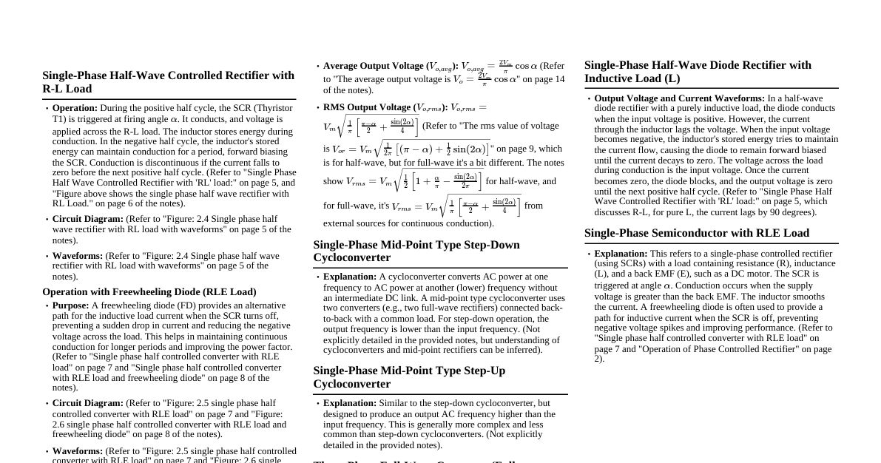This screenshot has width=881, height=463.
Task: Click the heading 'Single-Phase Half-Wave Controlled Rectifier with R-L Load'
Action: pyautogui.click(x=168, y=82)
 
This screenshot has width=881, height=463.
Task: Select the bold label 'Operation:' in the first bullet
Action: pyautogui.click(x=75, y=108)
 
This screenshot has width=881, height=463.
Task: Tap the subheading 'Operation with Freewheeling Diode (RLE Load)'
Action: pyautogui.click(x=149, y=292)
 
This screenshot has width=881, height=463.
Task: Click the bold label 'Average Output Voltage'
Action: pyautogui.click(x=374, y=66)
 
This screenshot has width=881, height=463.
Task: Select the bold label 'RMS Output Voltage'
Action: pyautogui.click(x=366, y=107)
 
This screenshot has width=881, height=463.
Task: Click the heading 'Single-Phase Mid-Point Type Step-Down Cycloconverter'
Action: pyautogui.click(x=416, y=251)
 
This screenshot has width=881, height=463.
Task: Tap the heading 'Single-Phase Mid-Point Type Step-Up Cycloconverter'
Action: pyautogui.click(x=409, y=377)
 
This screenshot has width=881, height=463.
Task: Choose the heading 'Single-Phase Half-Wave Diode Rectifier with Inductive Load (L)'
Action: pyautogui.click(x=698, y=72)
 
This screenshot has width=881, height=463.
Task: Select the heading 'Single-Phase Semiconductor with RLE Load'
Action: pyautogui.click(x=696, y=233)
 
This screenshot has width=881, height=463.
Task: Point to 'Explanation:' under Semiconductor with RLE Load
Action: pyautogui.click(x=621, y=254)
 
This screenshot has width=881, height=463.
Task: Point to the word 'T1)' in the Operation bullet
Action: pyautogui.click(x=60, y=119)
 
